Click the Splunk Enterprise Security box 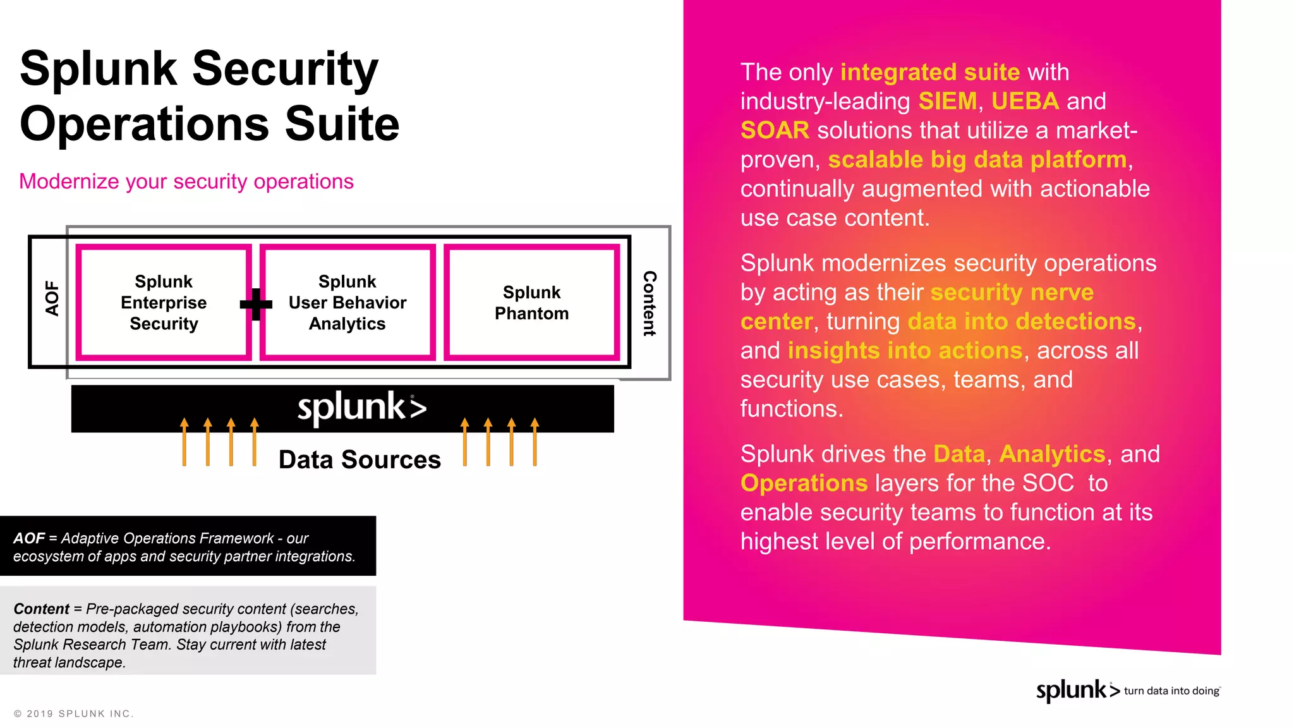tap(164, 303)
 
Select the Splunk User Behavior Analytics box tap(348, 303)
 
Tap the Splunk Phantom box tap(531, 303)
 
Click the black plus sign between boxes tap(256, 304)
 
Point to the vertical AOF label tap(52, 298)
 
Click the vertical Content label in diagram tap(650, 303)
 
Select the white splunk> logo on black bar tap(361, 408)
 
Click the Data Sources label tap(360, 459)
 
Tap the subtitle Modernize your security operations tap(186, 181)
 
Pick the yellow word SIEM tap(947, 101)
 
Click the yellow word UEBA tap(1025, 101)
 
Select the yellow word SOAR tap(775, 130)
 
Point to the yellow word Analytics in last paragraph tap(1052, 454)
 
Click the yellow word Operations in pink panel tap(804, 483)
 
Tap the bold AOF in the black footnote tap(29, 538)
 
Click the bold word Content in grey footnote tap(41, 609)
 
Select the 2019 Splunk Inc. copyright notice tap(73, 713)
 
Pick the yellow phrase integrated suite tap(929, 72)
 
